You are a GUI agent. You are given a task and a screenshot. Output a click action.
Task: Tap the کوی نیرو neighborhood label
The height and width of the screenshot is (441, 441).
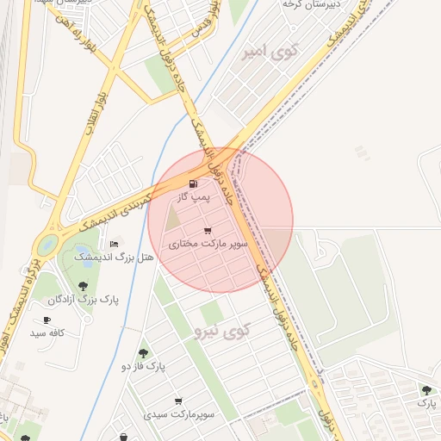(x=222, y=330)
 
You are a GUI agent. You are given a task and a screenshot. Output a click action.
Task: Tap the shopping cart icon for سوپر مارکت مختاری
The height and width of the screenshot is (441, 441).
(x=208, y=231)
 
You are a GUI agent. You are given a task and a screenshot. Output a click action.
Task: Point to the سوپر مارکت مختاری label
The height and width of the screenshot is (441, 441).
(x=208, y=245)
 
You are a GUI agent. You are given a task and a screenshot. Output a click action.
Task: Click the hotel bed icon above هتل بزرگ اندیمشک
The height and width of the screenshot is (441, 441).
(x=115, y=244)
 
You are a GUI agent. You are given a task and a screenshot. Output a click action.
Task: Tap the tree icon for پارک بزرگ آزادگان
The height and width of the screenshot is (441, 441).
(x=84, y=285)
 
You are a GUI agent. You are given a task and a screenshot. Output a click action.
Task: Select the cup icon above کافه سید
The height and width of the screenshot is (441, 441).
(x=47, y=320)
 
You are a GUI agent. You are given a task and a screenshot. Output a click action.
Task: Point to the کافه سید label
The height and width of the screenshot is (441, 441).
(x=48, y=332)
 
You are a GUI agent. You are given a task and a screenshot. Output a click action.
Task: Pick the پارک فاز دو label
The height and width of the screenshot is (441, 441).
(x=143, y=367)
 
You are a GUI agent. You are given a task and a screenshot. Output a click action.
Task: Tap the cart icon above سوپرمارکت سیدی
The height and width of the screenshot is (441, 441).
(x=178, y=401)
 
